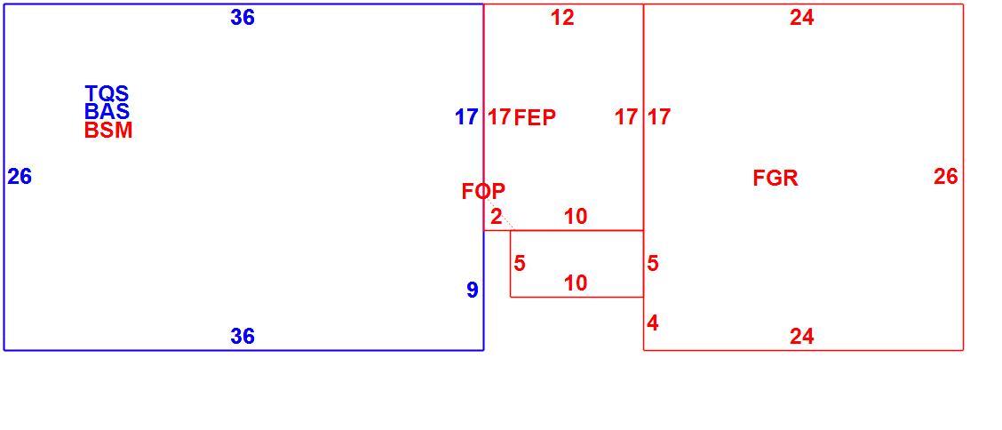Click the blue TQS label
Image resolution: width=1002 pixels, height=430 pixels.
click(107, 93)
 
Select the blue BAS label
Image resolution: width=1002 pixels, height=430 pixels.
click(107, 111)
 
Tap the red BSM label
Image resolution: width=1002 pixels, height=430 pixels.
click(108, 131)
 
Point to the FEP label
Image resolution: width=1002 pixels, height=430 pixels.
click(535, 117)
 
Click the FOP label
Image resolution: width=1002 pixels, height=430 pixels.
click(484, 190)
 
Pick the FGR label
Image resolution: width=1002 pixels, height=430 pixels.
click(775, 178)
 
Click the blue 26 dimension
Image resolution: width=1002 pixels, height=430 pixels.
click(20, 176)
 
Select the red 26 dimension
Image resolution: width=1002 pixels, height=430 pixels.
click(946, 176)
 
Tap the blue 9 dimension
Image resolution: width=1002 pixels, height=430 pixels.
click(473, 291)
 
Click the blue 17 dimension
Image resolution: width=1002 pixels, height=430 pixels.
click(466, 117)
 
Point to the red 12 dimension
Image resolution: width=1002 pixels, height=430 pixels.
click(562, 18)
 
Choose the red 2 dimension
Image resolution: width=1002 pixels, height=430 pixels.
click(496, 217)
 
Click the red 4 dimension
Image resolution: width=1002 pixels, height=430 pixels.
click(652, 322)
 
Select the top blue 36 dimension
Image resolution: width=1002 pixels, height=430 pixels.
click(243, 18)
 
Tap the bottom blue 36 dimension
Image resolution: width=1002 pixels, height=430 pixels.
click(243, 336)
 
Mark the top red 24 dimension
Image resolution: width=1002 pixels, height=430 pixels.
click(802, 18)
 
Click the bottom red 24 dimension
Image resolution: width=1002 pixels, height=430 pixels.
click(802, 336)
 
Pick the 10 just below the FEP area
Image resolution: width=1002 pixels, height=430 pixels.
click(576, 217)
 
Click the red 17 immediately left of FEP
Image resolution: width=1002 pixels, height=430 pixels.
click(500, 117)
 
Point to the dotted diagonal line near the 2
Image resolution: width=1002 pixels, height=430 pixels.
click(498, 214)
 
